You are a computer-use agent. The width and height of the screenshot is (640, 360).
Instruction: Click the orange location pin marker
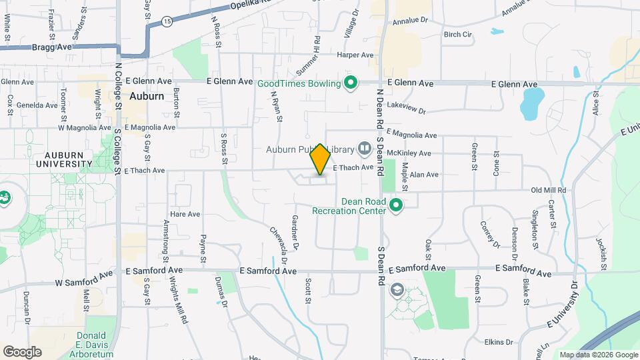click(321, 159)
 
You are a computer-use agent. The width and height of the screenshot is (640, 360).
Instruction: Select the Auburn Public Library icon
click(364, 147)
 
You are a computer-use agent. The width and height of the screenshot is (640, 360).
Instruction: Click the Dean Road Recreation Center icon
click(397, 205)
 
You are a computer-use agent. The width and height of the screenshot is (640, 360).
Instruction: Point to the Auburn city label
click(147, 96)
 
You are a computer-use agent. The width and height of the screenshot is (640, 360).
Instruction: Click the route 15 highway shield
click(167, 22)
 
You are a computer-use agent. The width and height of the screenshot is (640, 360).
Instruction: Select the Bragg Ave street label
click(51, 47)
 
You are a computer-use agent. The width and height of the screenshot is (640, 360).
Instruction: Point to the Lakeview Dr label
click(406, 106)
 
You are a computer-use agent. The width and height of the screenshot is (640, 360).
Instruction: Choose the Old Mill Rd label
click(548, 190)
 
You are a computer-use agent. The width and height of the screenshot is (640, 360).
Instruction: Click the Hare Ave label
click(185, 215)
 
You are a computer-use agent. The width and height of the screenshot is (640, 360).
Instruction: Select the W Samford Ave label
click(83, 279)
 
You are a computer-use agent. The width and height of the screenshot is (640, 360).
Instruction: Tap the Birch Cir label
click(457, 34)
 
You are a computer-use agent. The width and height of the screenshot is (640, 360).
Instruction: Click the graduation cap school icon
click(397, 289)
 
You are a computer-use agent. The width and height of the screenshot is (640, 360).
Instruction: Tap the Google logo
click(22, 351)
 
